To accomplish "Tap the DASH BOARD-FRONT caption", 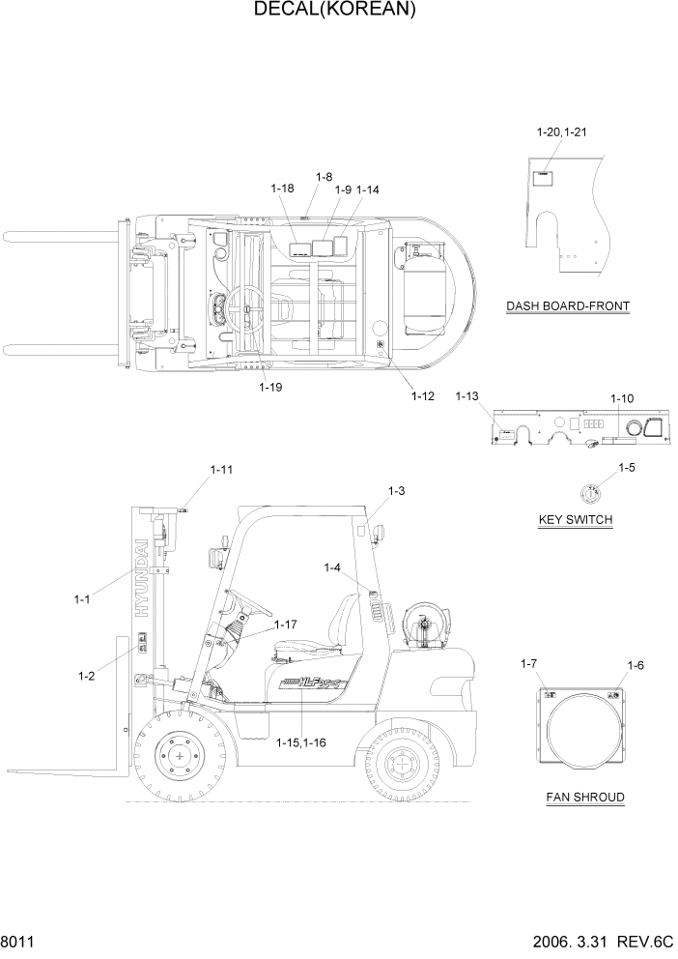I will (568, 306).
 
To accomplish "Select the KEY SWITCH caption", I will (575, 520).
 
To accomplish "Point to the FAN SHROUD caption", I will (583, 798).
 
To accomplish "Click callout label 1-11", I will (221, 470).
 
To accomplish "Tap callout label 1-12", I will (423, 396).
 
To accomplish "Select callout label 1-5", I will (627, 468).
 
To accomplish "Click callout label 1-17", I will (286, 625).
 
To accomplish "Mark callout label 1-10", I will (622, 398).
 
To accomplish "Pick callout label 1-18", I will (282, 189).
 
